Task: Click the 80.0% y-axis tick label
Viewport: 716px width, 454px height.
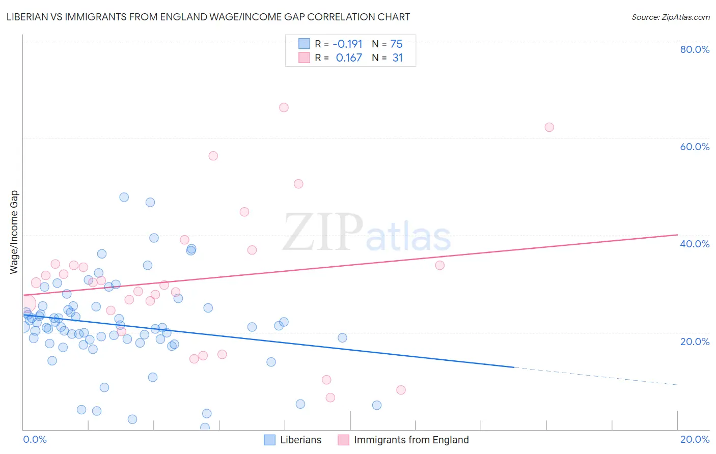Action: [695, 49]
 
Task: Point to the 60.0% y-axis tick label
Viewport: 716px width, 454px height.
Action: [695, 147]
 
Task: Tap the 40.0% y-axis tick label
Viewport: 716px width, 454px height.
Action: [695, 244]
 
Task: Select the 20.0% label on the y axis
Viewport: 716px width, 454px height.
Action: [695, 342]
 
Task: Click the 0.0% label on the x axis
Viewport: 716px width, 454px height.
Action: [35, 439]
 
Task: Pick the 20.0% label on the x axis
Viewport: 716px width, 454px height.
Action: [695, 439]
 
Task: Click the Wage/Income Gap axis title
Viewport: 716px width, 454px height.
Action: [14, 232]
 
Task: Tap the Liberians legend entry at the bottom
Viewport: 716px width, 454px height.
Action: [300, 440]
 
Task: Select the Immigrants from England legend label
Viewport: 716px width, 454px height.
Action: [411, 440]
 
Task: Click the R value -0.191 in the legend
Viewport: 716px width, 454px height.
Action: [347, 44]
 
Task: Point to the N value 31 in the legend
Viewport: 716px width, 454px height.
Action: [397, 58]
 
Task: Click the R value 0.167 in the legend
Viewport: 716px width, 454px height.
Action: [349, 58]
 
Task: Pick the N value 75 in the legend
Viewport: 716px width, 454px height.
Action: [396, 44]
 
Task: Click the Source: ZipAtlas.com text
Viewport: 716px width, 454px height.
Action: [670, 17]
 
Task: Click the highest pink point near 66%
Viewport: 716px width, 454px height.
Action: [284, 107]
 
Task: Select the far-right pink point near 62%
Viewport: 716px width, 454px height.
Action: [549, 127]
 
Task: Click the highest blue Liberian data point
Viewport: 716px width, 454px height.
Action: [124, 197]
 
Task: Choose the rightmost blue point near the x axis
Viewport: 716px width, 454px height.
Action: [377, 405]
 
